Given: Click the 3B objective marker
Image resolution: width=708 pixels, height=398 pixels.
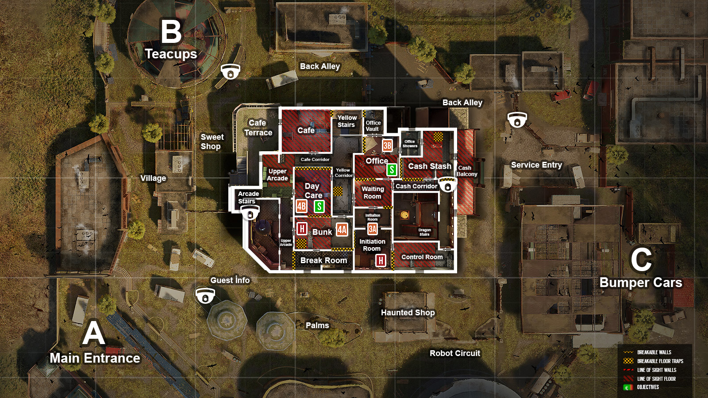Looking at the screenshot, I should click(387, 145).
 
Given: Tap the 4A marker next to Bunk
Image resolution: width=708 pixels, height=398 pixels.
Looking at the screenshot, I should click(342, 230).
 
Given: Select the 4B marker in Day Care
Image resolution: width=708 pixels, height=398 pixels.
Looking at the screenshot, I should click(301, 206).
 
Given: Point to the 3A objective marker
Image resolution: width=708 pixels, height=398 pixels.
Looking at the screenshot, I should click(373, 229).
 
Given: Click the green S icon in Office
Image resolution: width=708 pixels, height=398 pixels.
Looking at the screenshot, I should click(392, 169).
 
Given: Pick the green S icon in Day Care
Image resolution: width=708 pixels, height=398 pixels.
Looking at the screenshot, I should click(319, 206).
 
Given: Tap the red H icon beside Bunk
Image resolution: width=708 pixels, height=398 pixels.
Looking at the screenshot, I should click(302, 229).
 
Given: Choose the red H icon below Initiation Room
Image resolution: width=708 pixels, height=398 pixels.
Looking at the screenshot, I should click(381, 260).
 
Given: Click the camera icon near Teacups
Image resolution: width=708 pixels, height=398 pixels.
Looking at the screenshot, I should click(230, 71).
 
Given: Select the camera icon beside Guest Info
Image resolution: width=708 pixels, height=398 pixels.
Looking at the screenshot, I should click(205, 295).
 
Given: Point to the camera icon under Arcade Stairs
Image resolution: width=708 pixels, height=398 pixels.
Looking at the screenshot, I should click(250, 213).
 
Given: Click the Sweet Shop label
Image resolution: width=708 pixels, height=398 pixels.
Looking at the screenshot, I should click(212, 142).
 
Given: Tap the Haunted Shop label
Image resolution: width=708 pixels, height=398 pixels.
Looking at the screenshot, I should click(408, 313).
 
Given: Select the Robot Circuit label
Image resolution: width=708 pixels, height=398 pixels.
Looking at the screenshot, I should click(454, 353).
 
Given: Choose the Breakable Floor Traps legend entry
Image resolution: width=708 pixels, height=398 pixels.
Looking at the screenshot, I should click(660, 361).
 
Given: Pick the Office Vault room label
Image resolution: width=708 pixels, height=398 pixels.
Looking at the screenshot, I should click(373, 126).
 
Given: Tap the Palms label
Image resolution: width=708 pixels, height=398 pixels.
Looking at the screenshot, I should click(317, 325).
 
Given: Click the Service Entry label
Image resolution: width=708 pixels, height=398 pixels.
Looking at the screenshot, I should click(536, 165).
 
